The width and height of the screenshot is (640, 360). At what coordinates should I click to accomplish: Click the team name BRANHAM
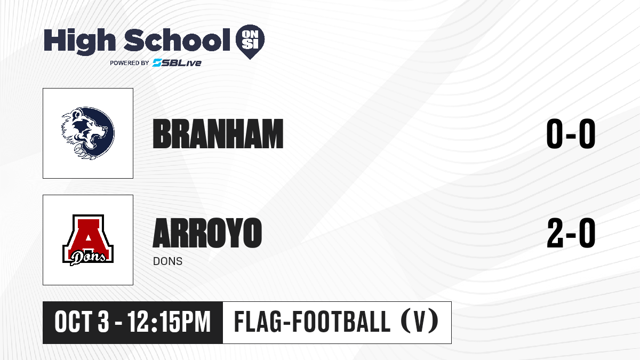[218, 134]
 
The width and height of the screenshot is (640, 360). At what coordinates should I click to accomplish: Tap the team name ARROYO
[207, 233]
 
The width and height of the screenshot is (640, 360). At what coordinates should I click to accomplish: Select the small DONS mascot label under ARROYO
[167, 261]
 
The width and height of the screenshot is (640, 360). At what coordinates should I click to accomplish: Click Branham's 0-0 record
[571, 134]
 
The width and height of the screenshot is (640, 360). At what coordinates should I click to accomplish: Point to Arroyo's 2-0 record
[571, 233]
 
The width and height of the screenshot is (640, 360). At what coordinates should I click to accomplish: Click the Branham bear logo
[88, 133]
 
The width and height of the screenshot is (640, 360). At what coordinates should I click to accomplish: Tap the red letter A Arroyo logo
[88, 240]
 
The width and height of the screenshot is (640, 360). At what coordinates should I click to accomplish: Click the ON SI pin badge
[250, 42]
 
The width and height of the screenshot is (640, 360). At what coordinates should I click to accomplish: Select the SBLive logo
[177, 63]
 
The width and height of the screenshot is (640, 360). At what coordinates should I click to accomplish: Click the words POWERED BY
[130, 63]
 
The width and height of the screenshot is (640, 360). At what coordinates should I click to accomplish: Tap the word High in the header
[79, 41]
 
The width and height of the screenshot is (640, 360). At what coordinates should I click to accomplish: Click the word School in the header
[177, 40]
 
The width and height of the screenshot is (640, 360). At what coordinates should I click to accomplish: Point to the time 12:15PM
[169, 322]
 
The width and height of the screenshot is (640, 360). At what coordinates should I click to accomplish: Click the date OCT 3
[82, 322]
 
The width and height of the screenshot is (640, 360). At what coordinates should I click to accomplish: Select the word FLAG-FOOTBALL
[312, 322]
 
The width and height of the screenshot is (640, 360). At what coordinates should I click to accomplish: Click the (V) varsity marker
[419, 322]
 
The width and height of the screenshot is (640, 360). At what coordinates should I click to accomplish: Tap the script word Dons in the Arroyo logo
[88, 258]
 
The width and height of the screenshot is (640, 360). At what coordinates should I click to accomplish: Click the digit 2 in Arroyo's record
[555, 233]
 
